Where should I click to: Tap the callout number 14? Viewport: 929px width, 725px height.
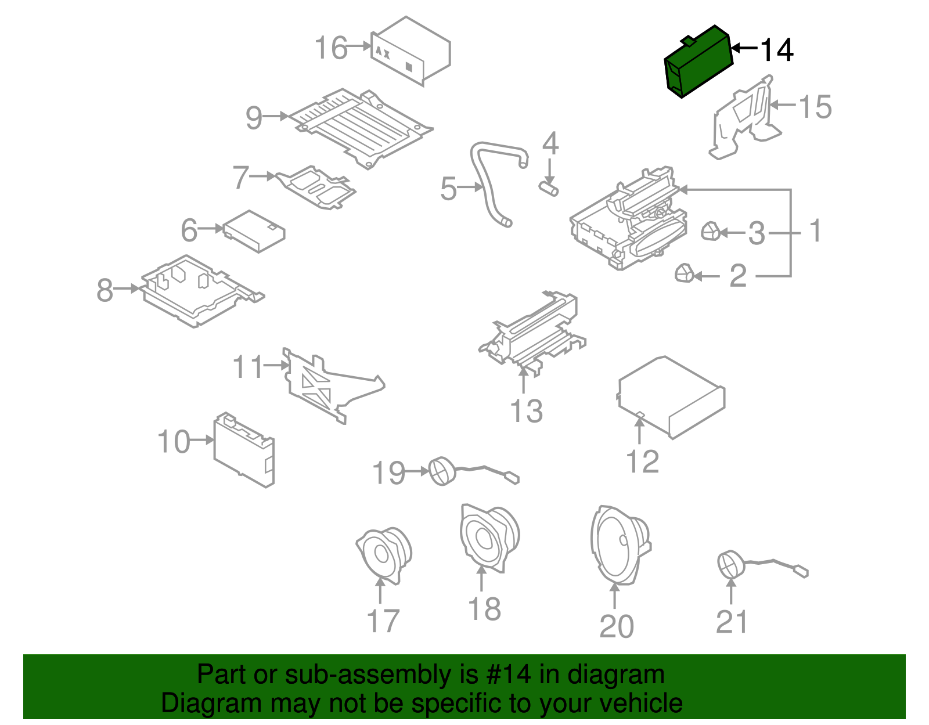(x=776, y=50)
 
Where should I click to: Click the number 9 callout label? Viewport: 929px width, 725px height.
(x=254, y=118)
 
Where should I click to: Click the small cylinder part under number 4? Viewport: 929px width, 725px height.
(x=549, y=188)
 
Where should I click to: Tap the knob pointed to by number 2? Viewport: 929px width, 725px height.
(x=685, y=272)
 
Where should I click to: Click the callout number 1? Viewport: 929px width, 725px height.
(x=816, y=231)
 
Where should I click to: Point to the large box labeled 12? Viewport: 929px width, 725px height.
(x=671, y=398)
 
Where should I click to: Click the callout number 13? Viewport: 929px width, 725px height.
(x=526, y=411)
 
